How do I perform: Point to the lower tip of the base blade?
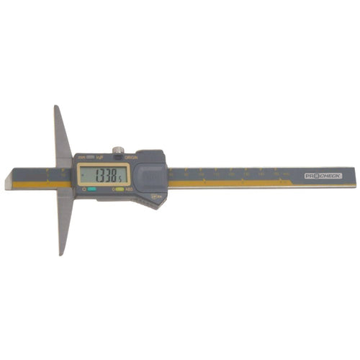[62, 253]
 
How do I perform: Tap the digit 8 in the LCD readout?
[113, 175]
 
